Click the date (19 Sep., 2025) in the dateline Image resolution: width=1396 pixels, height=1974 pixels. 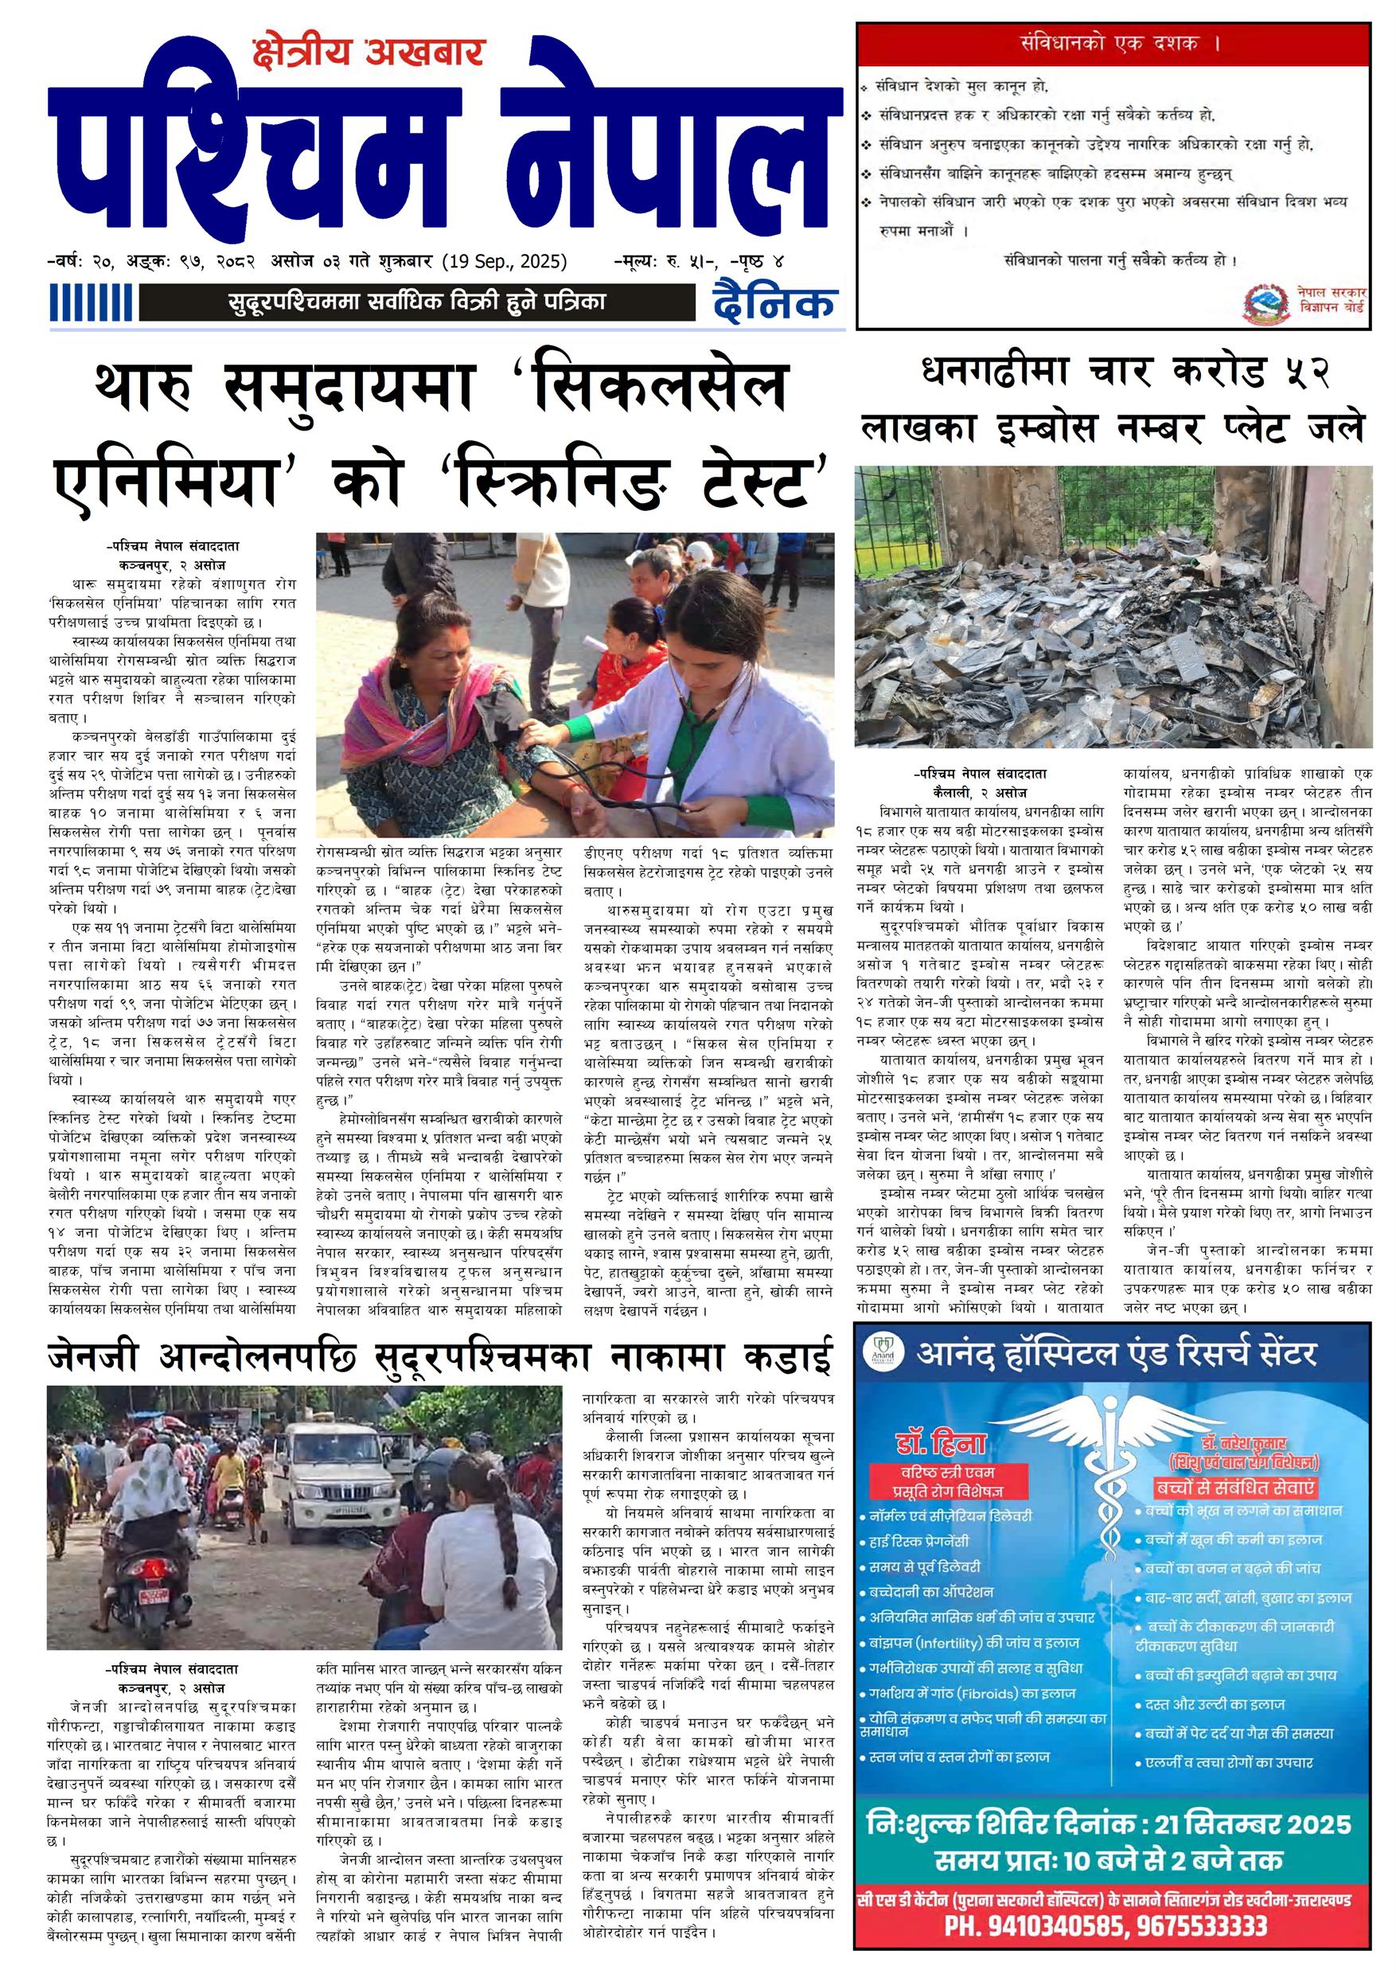[x=505, y=261]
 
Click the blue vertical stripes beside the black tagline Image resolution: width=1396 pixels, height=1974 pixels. [x=90, y=303]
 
